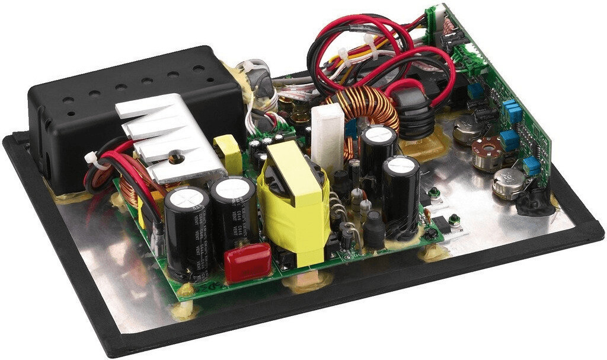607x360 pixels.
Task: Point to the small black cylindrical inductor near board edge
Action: click(x=374, y=228)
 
